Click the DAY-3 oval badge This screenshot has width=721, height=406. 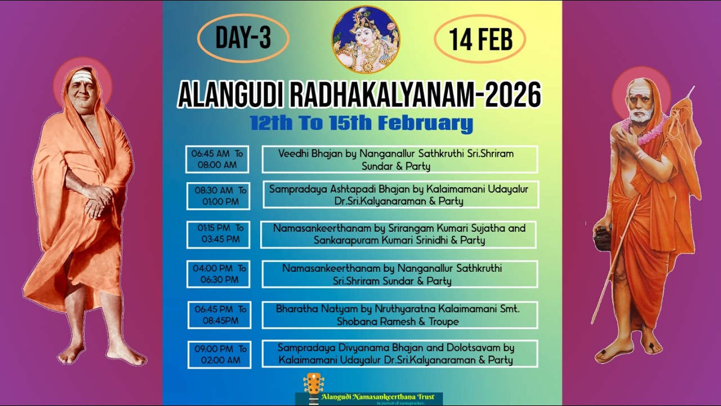click(243, 38)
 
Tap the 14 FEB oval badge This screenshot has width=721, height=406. click(480, 39)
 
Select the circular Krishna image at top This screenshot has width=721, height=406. click(366, 39)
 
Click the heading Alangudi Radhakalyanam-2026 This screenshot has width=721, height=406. click(359, 94)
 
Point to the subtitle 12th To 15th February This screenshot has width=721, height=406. click(361, 123)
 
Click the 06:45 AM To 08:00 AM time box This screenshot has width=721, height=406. click(217, 159)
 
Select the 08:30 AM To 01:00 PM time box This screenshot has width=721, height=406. click(219, 196)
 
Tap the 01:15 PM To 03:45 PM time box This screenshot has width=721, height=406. click(219, 234)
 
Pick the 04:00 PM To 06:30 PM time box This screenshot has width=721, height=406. click(219, 274)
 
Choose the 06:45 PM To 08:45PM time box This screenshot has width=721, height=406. click(219, 315)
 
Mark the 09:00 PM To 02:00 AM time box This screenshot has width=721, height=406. click(219, 355)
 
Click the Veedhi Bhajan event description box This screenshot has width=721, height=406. click(399, 160)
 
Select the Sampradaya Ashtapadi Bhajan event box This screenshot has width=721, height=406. click(400, 195)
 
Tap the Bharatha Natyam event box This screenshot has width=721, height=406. click(399, 315)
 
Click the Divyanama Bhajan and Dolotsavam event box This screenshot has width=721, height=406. click(399, 354)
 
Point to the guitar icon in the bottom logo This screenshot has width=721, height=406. click(313, 387)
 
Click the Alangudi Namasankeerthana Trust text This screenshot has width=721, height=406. click(378, 397)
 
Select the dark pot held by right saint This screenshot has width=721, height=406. click(602, 237)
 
